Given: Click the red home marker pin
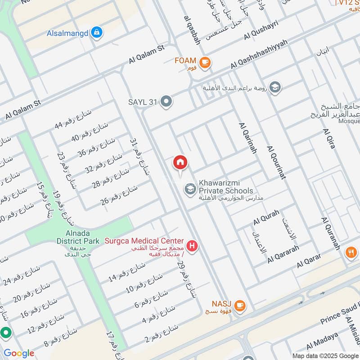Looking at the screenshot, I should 180,163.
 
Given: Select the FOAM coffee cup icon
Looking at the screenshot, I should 205,62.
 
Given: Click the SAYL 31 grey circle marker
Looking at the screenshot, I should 166,102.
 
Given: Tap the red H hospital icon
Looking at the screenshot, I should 193,246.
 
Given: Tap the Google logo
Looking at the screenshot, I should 19,353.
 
